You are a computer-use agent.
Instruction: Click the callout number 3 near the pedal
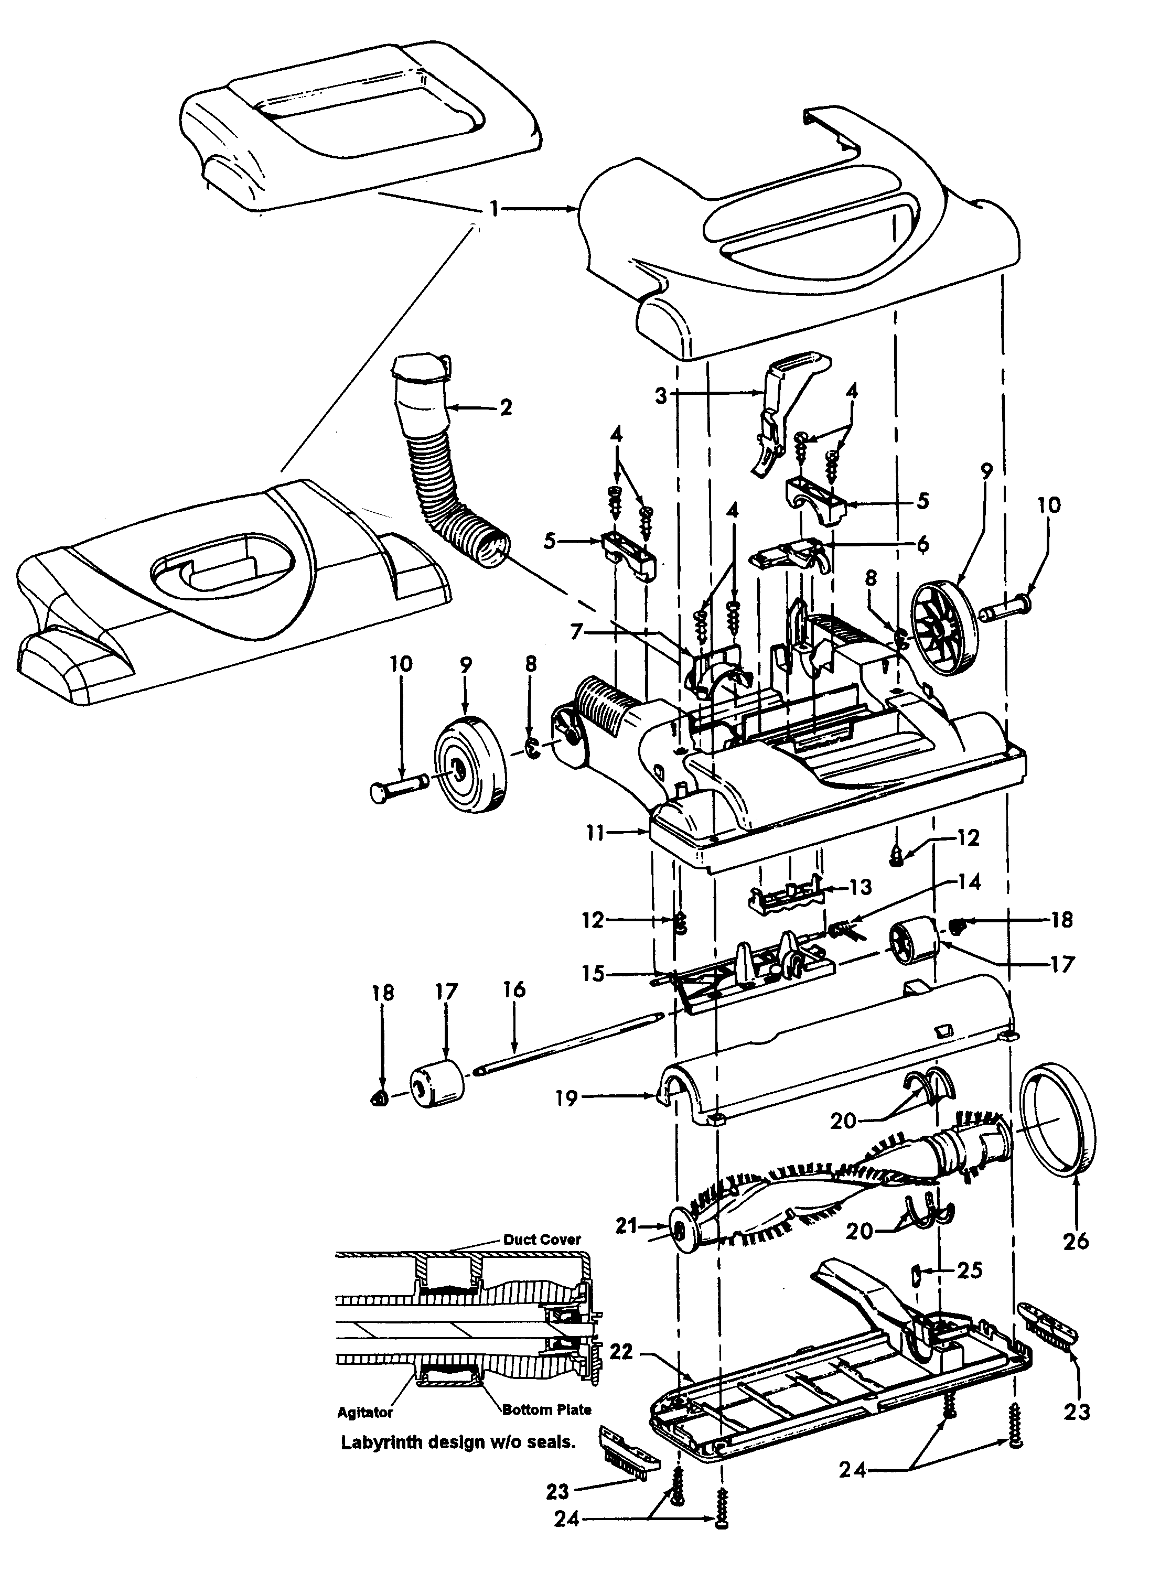pyautogui.click(x=661, y=395)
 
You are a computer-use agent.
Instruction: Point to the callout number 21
pyautogui.click(x=627, y=1225)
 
